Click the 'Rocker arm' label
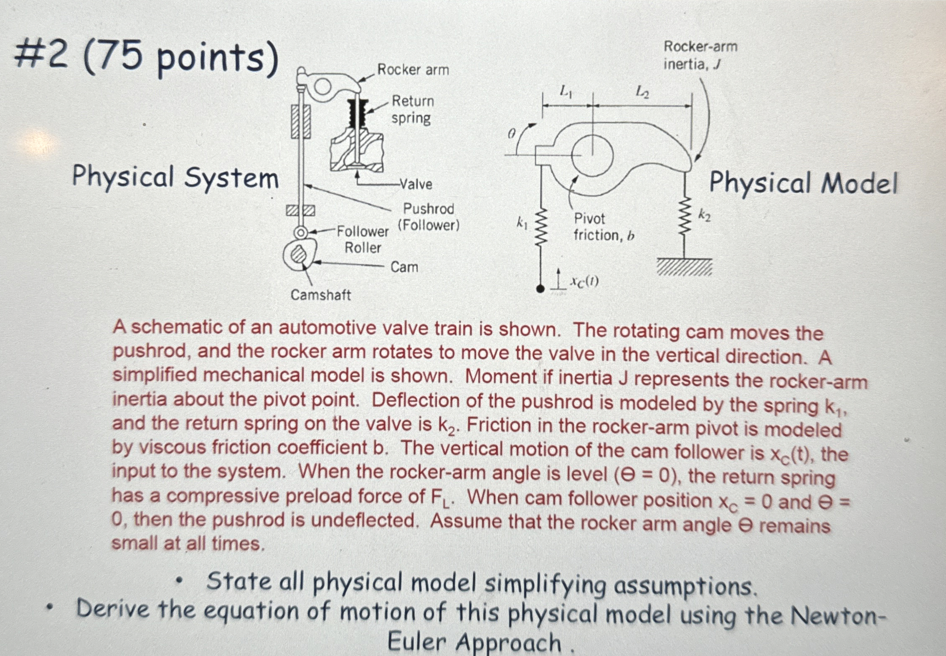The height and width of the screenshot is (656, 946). pos(413,70)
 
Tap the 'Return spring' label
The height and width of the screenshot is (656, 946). pos(412,110)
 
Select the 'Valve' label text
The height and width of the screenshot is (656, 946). pos(416,184)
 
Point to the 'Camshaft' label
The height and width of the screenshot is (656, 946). pos(321,295)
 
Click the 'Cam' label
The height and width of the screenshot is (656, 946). pos(404,267)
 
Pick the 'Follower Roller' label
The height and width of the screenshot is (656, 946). pos(363,239)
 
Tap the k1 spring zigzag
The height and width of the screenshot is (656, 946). pos(541,228)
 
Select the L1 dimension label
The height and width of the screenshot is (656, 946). pos(566,91)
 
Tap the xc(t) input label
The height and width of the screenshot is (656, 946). pos(584,282)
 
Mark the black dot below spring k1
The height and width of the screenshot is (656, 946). pos(540,289)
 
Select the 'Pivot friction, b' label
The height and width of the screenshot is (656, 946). pos(603,227)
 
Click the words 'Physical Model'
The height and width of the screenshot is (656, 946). pos(803,183)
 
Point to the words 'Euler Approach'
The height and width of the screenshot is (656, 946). pos(474,642)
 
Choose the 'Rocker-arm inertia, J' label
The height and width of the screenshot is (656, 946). pos(700,55)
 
